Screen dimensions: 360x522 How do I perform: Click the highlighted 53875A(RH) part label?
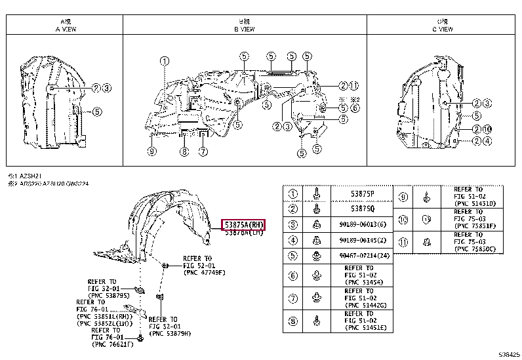(x=243, y=224)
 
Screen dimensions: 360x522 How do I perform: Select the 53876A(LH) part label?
(x=243, y=233)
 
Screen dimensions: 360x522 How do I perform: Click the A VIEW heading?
(x=65, y=29)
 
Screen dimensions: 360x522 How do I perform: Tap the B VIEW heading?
(x=245, y=29)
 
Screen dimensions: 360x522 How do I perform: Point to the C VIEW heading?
(x=441, y=29)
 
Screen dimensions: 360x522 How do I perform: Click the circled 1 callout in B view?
(x=162, y=61)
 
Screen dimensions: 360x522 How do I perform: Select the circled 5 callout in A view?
(x=96, y=111)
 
